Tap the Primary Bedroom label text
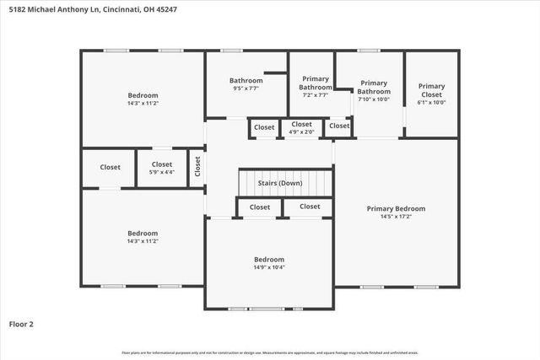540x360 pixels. pos(396,208)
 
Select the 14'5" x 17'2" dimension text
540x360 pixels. pos(396,217)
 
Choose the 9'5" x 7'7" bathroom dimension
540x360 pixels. pos(247,89)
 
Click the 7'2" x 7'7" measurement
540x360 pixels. pos(316,95)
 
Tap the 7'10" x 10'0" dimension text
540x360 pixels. pos(374,99)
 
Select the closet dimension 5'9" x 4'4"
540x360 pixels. pos(162,172)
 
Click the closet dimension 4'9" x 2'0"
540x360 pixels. pos(301,132)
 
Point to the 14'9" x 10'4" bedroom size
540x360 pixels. pos(269,267)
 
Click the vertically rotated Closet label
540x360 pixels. pos(197,167)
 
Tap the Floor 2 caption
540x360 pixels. pos(21,323)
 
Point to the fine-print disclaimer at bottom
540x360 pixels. pos(269,352)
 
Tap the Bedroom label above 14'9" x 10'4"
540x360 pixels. pos(269,259)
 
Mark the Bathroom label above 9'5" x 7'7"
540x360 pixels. pos(247,81)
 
